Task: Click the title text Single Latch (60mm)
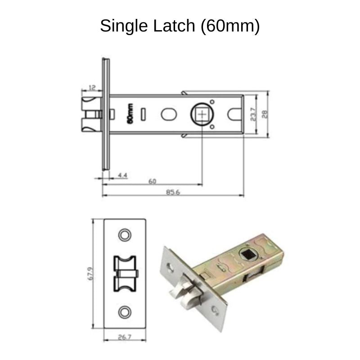[x=180, y=26]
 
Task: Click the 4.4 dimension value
[x=122, y=174]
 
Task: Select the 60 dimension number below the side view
[x=152, y=181]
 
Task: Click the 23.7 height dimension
[x=253, y=114]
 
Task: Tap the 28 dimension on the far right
[x=265, y=114]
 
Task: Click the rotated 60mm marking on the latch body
[x=130, y=113]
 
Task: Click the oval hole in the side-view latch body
[x=168, y=114]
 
